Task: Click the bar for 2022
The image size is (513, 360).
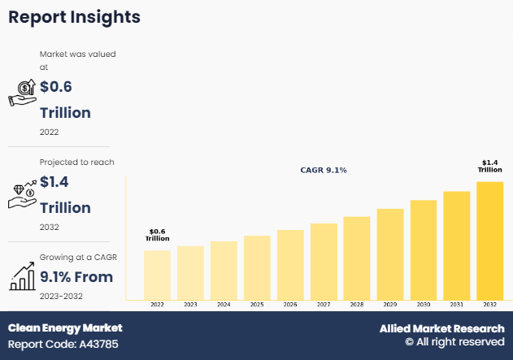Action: [157, 274]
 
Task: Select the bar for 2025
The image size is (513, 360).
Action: [257, 267]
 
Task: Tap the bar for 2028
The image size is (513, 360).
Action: [356, 257]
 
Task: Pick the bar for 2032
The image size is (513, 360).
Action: [489, 240]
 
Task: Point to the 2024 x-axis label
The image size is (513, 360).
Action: [224, 304]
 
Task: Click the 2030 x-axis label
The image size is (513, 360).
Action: [423, 304]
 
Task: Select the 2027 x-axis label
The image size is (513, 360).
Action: [323, 304]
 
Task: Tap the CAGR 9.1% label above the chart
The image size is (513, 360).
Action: [324, 170]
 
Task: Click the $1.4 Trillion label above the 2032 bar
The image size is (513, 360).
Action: [489, 166]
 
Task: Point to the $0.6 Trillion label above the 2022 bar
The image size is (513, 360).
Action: [157, 235]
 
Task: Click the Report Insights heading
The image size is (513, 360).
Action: [74, 17]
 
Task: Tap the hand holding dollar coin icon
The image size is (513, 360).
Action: [22, 93]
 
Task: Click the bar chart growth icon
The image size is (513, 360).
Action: [22, 276]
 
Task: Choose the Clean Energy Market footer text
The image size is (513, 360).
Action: [65, 327]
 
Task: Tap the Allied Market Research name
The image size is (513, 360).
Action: [441, 328]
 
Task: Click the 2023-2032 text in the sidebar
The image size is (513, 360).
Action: [63, 297]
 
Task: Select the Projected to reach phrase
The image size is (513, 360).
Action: [77, 163]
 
